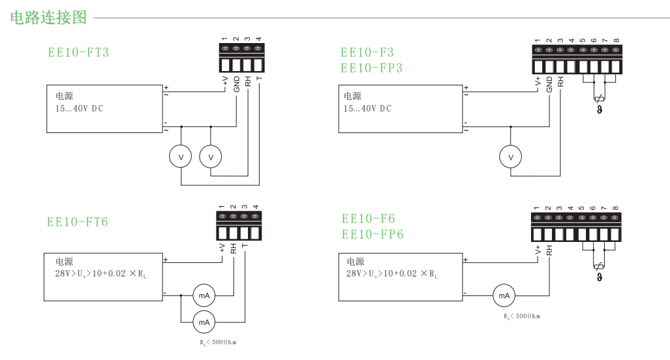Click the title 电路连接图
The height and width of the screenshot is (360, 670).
[x=49, y=18]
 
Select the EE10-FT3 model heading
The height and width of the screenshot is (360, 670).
[x=78, y=53]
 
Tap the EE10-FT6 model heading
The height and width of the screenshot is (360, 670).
[x=78, y=222]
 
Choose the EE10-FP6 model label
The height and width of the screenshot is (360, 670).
[x=373, y=233]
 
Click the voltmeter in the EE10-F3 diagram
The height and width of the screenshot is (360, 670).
[x=511, y=157]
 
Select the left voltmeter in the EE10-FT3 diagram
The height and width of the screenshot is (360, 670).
[x=181, y=157]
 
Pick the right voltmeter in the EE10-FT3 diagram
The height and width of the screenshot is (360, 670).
[x=211, y=157]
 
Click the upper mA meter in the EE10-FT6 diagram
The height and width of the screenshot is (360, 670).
[x=204, y=295]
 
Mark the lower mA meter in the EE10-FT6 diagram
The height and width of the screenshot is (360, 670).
[x=204, y=322]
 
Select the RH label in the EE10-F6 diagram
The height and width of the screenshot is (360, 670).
[x=549, y=250]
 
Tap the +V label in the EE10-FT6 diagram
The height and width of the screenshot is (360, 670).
[x=222, y=247]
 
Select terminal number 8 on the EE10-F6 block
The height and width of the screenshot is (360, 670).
[x=615, y=209]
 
